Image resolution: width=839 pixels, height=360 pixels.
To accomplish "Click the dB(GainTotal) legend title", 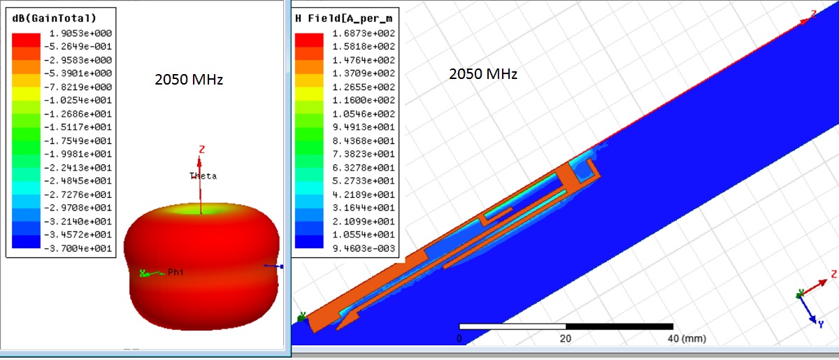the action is pyautogui.click(x=55, y=18).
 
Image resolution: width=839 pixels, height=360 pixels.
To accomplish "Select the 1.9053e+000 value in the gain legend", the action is pyautogui.click(x=80, y=34).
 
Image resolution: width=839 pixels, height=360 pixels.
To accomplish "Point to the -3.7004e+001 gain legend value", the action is pyautogui.click(x=78, y=248).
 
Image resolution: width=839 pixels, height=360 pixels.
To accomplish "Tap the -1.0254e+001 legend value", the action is pyautogui.click(x=78, y=101).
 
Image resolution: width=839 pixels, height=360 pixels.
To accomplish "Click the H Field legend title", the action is pyautogui.click(x=344, y=18).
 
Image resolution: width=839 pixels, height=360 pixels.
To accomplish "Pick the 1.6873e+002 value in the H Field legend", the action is pyautogui.click(x=364, y=34).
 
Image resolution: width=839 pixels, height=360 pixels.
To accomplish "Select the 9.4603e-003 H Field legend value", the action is pyautogui.click(x=364, y=248).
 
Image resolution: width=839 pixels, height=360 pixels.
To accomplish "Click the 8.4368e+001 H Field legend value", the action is pyautogui.click(x=364, y=141).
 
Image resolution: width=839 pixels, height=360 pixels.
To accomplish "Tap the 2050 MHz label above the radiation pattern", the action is pyautogui.click(x=189, y=80).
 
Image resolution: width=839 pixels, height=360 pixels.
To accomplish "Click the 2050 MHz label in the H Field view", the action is pyautogui.click(x=483, y=74).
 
